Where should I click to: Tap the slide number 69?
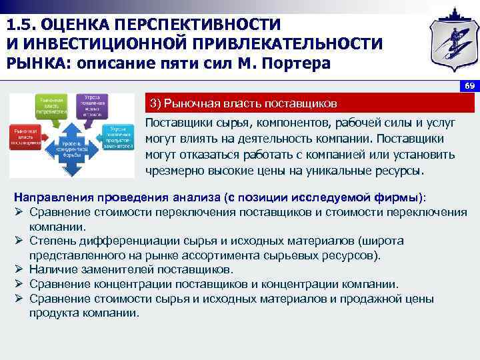[x=469, y=87]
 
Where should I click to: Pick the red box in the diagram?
[x=25, y=137]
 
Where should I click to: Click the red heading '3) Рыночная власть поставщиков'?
[x=243, y=103]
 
